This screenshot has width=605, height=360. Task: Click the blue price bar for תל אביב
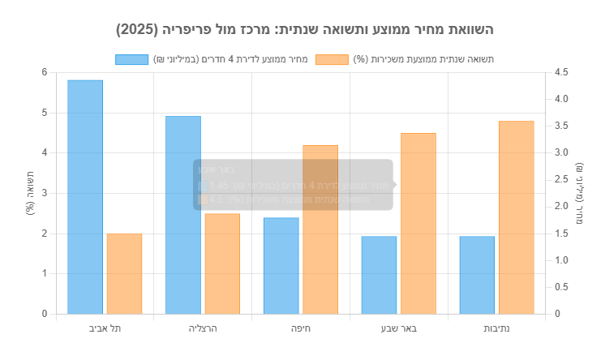point(85,197)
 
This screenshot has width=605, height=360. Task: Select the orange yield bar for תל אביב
point(124,273)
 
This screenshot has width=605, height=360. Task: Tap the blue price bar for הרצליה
point(183,215)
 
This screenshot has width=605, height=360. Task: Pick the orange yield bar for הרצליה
point(222,264)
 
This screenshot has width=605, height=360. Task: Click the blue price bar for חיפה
point(281,266)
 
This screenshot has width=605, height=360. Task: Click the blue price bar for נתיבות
point(477,275)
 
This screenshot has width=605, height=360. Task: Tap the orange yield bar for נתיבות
point(517,217)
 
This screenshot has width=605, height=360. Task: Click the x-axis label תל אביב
point(105,328)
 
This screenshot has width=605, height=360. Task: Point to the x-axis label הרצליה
point(203,328)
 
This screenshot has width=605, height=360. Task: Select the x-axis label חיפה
point(301,328)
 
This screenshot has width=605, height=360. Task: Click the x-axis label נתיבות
point(496,328)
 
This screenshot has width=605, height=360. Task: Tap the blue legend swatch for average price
point(131,59)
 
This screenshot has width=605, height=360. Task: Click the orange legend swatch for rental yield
point(333,59)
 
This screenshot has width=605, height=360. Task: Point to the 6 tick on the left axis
point(45,72)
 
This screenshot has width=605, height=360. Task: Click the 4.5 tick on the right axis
point(561,72)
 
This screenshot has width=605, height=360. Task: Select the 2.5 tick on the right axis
point(561,180)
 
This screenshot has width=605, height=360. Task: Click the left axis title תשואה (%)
point(29,193)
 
